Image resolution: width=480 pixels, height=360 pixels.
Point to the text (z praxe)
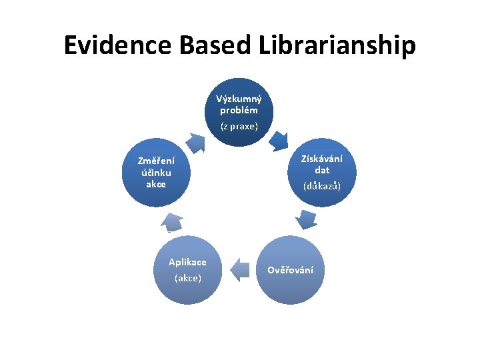(239, 125)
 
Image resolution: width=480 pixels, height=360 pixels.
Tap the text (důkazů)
(322, 186)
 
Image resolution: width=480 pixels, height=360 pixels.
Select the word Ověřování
(290, 270)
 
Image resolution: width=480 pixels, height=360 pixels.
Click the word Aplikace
(187, 262)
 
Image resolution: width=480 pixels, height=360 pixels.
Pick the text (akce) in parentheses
(187, 278)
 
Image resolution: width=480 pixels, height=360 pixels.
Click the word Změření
(156, 161)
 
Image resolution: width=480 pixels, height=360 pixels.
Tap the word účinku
(156, 172)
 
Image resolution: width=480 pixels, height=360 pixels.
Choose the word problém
(239, 110)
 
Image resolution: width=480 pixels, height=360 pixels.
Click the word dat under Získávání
(322, 170)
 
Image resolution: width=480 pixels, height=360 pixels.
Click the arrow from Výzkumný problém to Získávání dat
(278, 138)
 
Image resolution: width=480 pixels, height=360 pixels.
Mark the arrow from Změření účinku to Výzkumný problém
(195, 142)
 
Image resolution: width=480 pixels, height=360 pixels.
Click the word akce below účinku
(156, 183)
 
